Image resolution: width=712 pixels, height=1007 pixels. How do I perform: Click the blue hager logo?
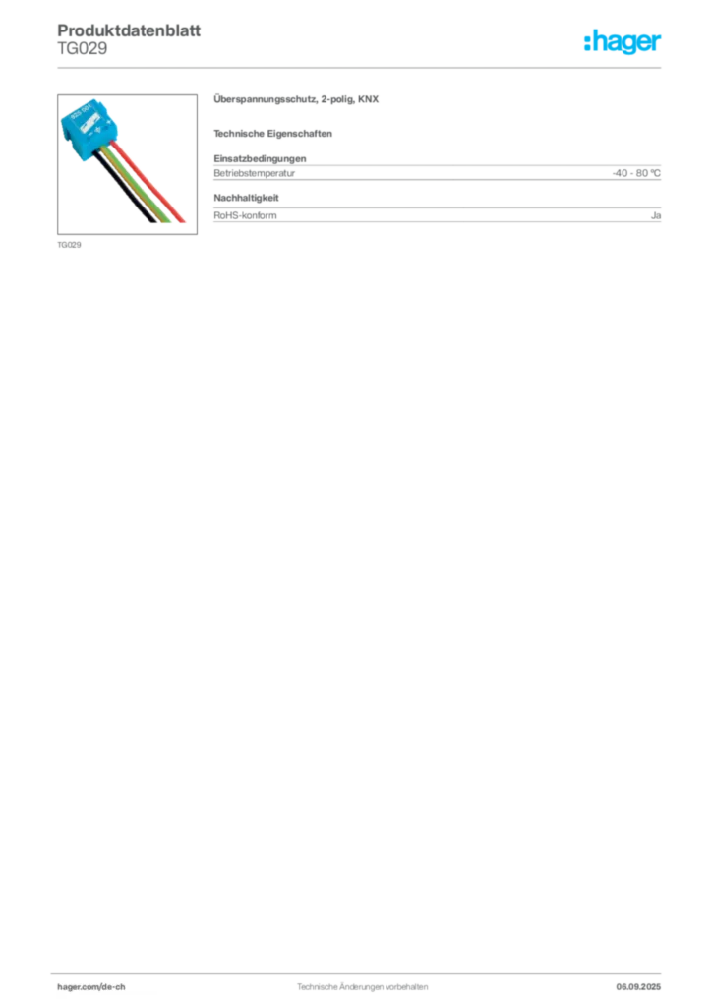pos(623,42)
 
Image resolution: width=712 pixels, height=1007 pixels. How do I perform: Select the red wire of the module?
pos(148,177)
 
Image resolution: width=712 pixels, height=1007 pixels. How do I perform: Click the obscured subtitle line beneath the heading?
pos(275,133)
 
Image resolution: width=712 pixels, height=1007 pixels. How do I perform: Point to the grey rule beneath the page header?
pos(361,67)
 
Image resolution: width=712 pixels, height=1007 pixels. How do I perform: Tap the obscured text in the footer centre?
pos(359,981)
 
